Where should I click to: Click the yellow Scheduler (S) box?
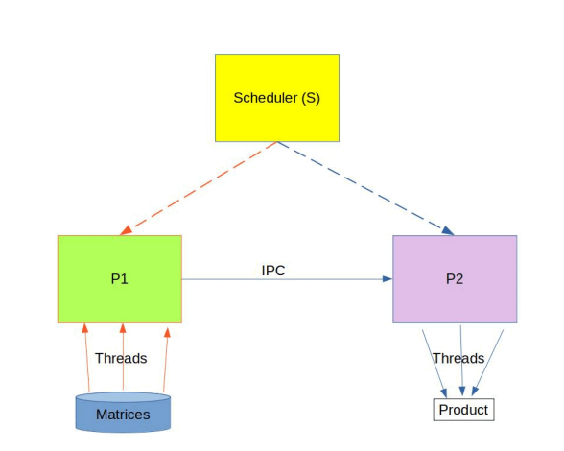(x=276, y=97)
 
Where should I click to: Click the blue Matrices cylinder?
(x=123, y=412)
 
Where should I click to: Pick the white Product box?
(x=463, y=410)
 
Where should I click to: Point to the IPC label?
(x=273, y=271)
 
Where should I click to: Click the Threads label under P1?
(x=121, y=358)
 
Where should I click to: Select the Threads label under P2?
(x=458, y=358)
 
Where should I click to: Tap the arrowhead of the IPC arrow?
(x=387, y=279)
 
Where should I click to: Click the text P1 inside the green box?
(x=119, y=279)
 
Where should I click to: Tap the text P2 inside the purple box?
(x=454, y=279)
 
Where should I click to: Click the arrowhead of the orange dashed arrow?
(x=123, y=232)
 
